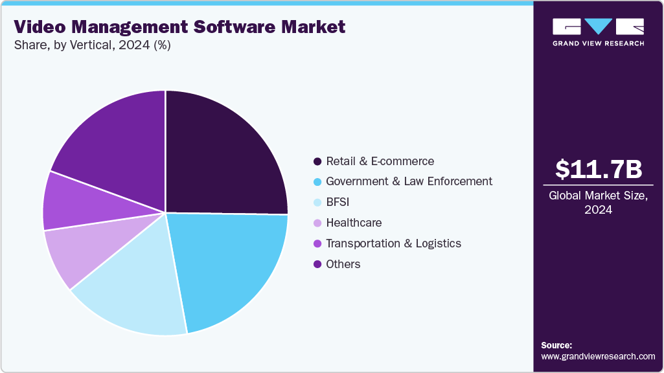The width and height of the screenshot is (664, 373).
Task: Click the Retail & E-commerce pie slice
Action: (x=223, y=155)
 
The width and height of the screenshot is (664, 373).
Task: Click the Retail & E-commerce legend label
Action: (x=380, y=161)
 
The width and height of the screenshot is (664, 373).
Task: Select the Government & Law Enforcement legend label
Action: (x=409, y=181)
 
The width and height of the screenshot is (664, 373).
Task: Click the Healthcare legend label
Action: (x=354, y=223)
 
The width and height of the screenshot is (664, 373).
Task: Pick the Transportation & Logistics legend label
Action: (x=393, y=243)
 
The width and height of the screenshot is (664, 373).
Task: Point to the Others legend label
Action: (x=343, y=264)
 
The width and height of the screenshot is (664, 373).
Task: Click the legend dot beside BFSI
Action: (x=317, y=202)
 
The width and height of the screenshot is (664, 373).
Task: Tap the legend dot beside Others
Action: (x=317, y=264)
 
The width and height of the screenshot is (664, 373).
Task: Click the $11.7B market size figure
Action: (x=599, y=169)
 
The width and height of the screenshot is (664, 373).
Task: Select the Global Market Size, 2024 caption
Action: (x=599, y=203)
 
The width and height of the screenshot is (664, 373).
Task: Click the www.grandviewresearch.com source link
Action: (x=598, y=356)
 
